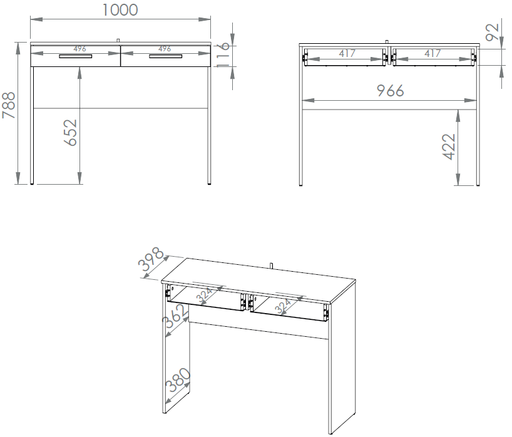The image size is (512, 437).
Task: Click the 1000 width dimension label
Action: click(120, 10)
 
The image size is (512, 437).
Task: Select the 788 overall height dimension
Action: click(9, 105)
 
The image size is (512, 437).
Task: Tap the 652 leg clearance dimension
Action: click(71, 132)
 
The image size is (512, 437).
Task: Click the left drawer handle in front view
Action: click(76, 56)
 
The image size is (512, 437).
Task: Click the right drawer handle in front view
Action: click(165, 56)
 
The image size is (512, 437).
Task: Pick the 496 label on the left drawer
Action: click(79, 49)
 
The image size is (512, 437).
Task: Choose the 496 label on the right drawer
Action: click(165, 49)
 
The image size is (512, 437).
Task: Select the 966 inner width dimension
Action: click(390, 91)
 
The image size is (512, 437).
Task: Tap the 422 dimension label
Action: click(449, 147)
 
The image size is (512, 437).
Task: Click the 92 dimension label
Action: click(493, 33)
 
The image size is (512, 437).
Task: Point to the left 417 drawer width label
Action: click(347, 53)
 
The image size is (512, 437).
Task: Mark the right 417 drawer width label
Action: click(433, 53)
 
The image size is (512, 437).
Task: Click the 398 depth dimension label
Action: click(151, 259)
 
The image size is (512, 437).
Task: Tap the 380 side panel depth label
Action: click(178, 380)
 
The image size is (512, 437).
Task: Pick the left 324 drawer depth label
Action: click(205, 295)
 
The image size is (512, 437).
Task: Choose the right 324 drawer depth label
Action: click(283, 306)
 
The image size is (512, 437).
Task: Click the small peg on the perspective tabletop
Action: click(272, 265)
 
